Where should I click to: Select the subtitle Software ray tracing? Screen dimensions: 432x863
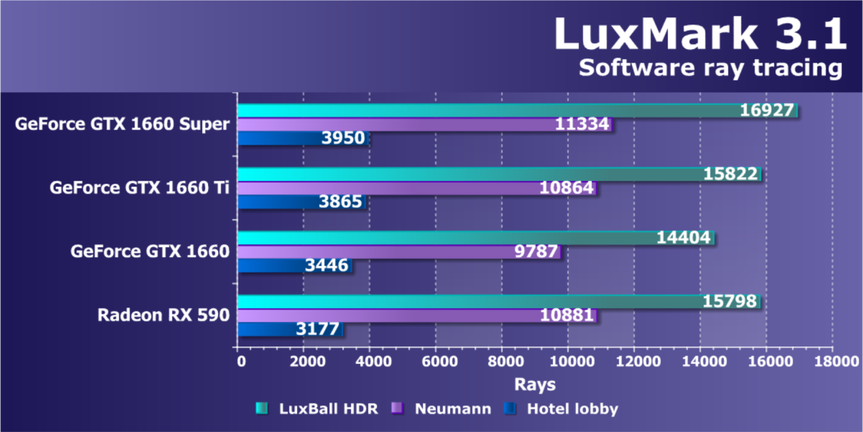(x=710, y=68)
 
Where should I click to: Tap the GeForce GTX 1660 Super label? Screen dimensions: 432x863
(x=122, y=124)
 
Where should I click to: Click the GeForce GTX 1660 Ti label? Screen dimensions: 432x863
(x=140, y=188)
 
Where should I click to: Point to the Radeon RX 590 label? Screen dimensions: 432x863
(x=163, y=315)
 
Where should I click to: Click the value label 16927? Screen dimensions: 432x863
(x=767, y=110)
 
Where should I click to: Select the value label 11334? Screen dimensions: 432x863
(x=582, y=124)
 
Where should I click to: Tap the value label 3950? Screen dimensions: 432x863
(x=344, y=138)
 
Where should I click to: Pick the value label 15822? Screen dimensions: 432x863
(x=731, y=174)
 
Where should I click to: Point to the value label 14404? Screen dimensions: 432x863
(x=684, y=238)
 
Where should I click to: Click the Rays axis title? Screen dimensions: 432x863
(x=535, y=383)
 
